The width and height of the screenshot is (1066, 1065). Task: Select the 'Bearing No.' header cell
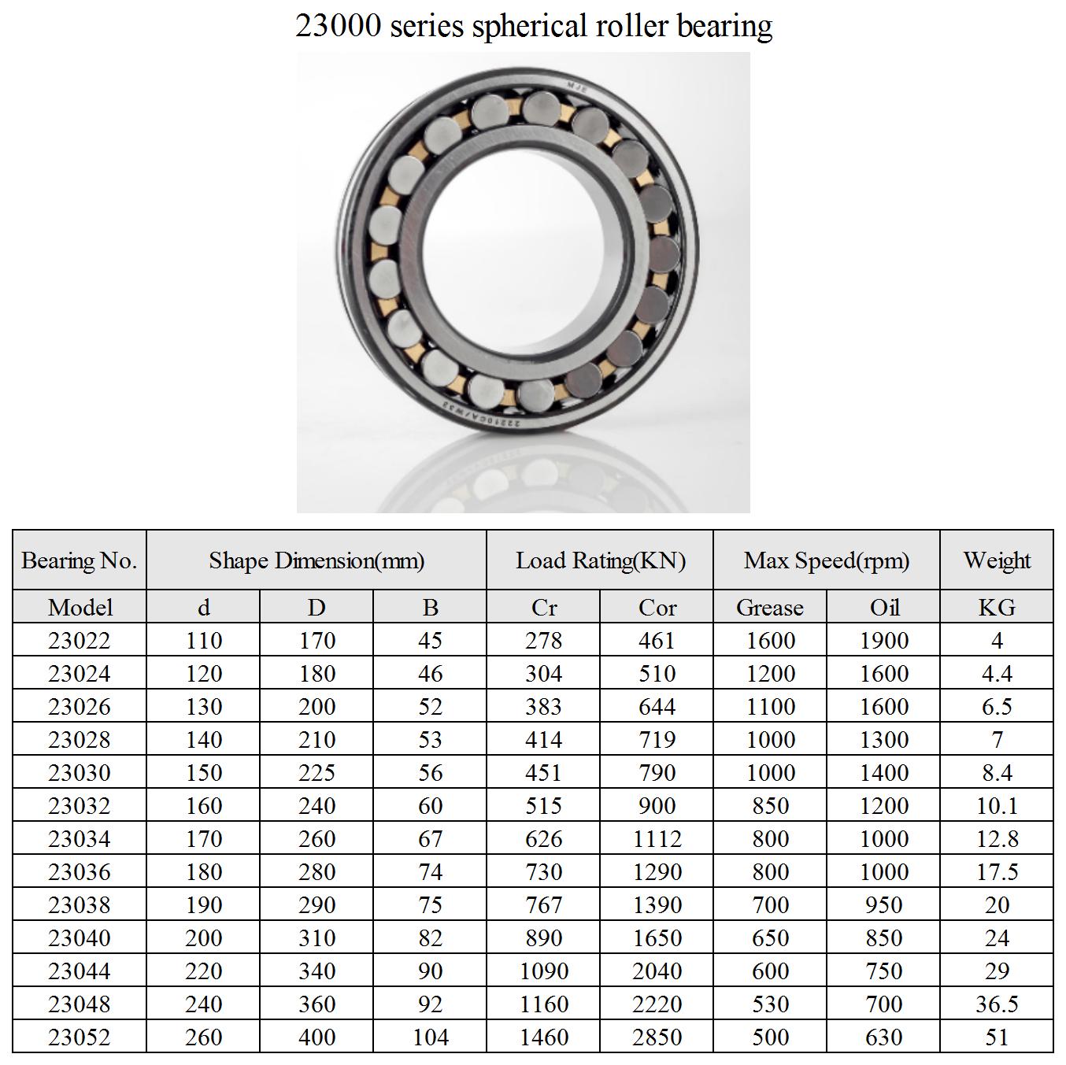point(80,560)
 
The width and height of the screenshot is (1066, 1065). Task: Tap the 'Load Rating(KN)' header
point(601,560)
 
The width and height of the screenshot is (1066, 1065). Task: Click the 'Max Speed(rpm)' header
point(827,560)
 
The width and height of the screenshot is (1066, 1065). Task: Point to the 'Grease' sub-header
point(770,607)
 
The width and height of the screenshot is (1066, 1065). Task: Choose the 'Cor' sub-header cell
point(657,607)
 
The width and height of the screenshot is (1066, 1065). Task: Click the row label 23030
point(80,772)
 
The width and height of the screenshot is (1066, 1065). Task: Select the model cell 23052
point(80,1037)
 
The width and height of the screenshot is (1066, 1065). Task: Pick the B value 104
point(431,1037)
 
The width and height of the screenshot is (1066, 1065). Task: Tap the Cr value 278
point(544,640)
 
